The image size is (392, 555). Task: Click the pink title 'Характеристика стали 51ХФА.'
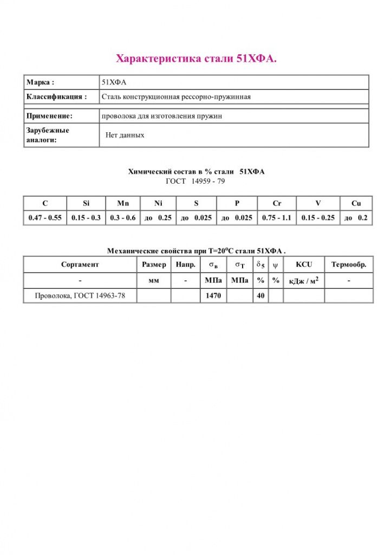196,59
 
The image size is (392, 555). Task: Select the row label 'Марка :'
40,82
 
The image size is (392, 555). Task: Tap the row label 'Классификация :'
56,97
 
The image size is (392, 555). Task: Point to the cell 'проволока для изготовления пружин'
162,116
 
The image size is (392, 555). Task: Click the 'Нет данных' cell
125,135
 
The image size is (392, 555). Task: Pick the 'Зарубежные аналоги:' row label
48,135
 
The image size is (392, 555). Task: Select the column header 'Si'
86,203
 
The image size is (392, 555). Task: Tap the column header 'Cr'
277,203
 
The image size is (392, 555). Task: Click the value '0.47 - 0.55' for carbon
45,217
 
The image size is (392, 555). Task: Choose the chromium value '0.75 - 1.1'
277,217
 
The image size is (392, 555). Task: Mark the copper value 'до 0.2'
356,217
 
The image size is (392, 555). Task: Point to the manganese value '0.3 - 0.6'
123,217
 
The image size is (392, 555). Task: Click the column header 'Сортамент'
80,265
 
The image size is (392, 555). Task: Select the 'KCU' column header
304,265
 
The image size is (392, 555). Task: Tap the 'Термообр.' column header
349,265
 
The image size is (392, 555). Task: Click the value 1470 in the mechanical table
213,296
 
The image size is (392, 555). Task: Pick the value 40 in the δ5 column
260,296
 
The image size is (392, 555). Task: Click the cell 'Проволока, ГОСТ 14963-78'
80,296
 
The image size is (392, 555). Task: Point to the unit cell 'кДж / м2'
304,281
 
